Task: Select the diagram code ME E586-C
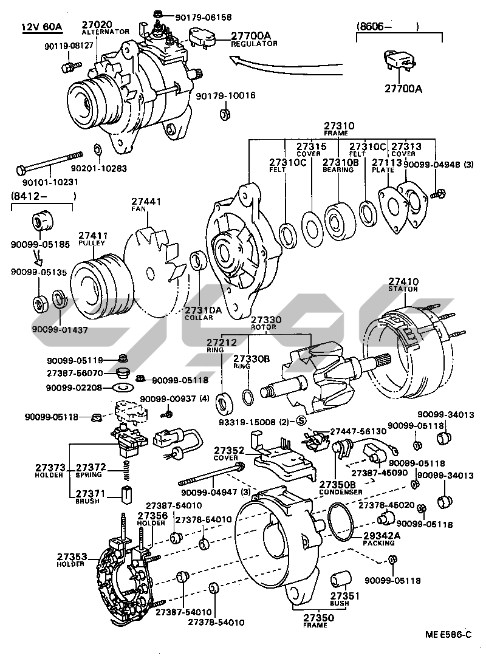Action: [x=448, y=635]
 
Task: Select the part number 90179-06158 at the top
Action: [x=189, y=17]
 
